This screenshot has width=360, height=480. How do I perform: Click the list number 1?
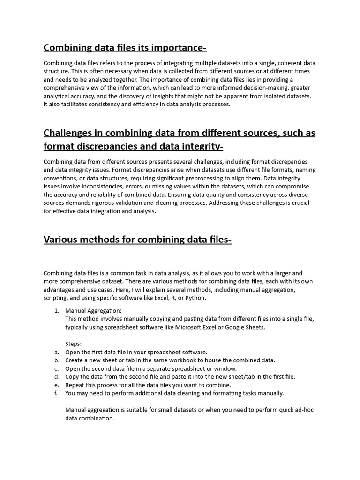[x=56, y=310]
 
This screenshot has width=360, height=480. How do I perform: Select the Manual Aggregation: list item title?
[x=93, y=310]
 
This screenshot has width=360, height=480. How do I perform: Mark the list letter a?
[x=56, y=352]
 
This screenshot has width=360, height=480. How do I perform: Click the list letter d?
[x=56, y=376]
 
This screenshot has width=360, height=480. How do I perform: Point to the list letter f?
[x=56, y=393]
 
